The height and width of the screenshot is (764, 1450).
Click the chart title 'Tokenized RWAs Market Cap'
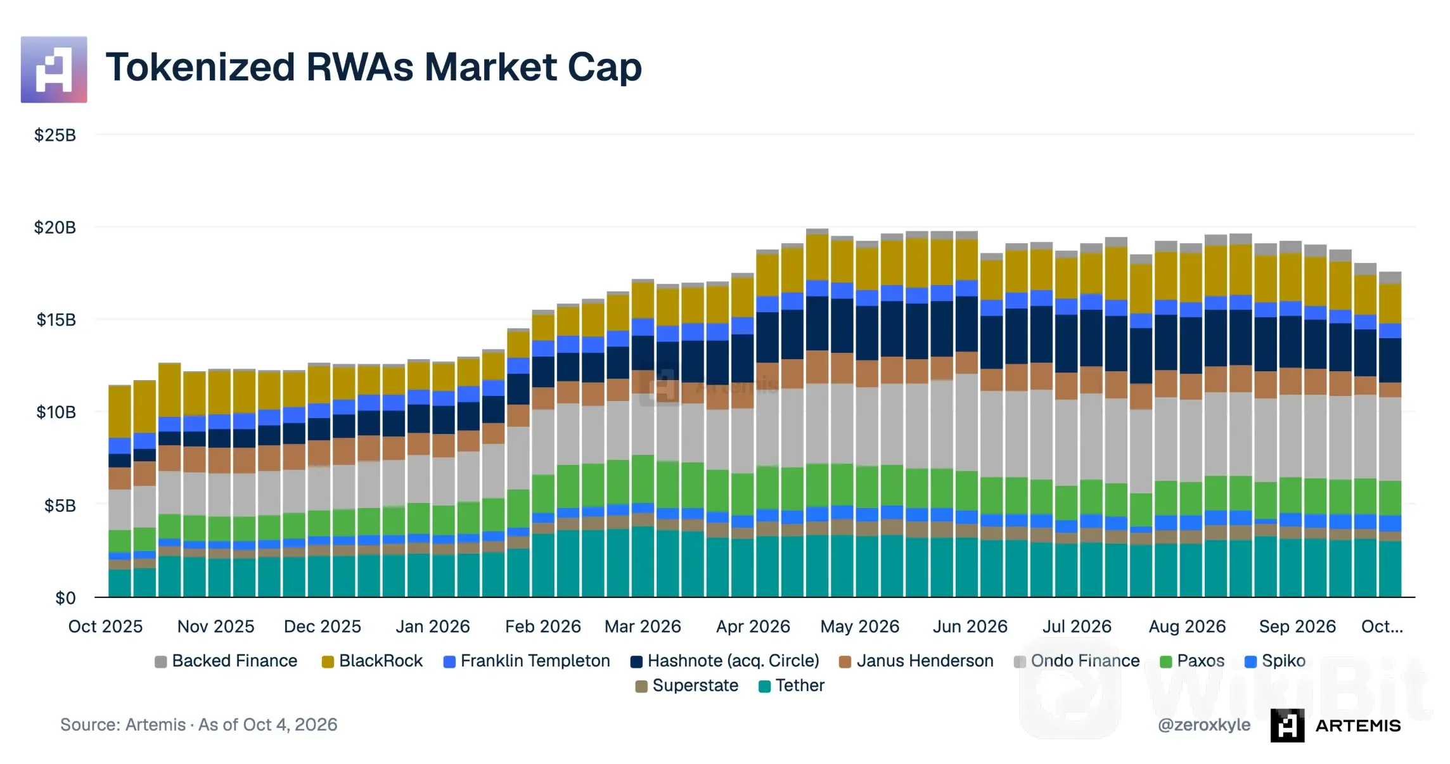pos(374,67)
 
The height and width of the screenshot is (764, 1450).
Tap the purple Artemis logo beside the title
pos(54,70)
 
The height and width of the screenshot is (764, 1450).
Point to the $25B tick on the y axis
pos(55,135)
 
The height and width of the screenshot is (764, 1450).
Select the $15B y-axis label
pos(56,320)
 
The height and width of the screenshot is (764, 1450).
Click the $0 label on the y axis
pos(65,598)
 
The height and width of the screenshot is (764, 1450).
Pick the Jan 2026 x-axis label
pos(433,627)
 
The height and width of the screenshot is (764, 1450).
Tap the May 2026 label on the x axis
pos(860,627)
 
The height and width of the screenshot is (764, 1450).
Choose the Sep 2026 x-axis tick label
pos(1297,627)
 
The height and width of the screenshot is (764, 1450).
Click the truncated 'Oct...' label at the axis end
pos(1382,627)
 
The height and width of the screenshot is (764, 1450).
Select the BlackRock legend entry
pos(372,661)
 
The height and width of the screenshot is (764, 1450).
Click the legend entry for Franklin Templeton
pos(527,661)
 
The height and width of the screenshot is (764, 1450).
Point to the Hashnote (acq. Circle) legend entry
pos(725,661)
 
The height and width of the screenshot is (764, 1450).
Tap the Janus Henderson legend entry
pos(916,661)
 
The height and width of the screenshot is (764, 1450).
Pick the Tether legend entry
pos(792,685)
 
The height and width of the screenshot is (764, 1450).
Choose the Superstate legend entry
pos(687,685)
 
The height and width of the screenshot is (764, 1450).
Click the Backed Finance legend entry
pos(226,661)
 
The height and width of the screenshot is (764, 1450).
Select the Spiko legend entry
pos(1275,661)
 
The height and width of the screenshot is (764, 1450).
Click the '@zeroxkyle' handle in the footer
pos(1204,725)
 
